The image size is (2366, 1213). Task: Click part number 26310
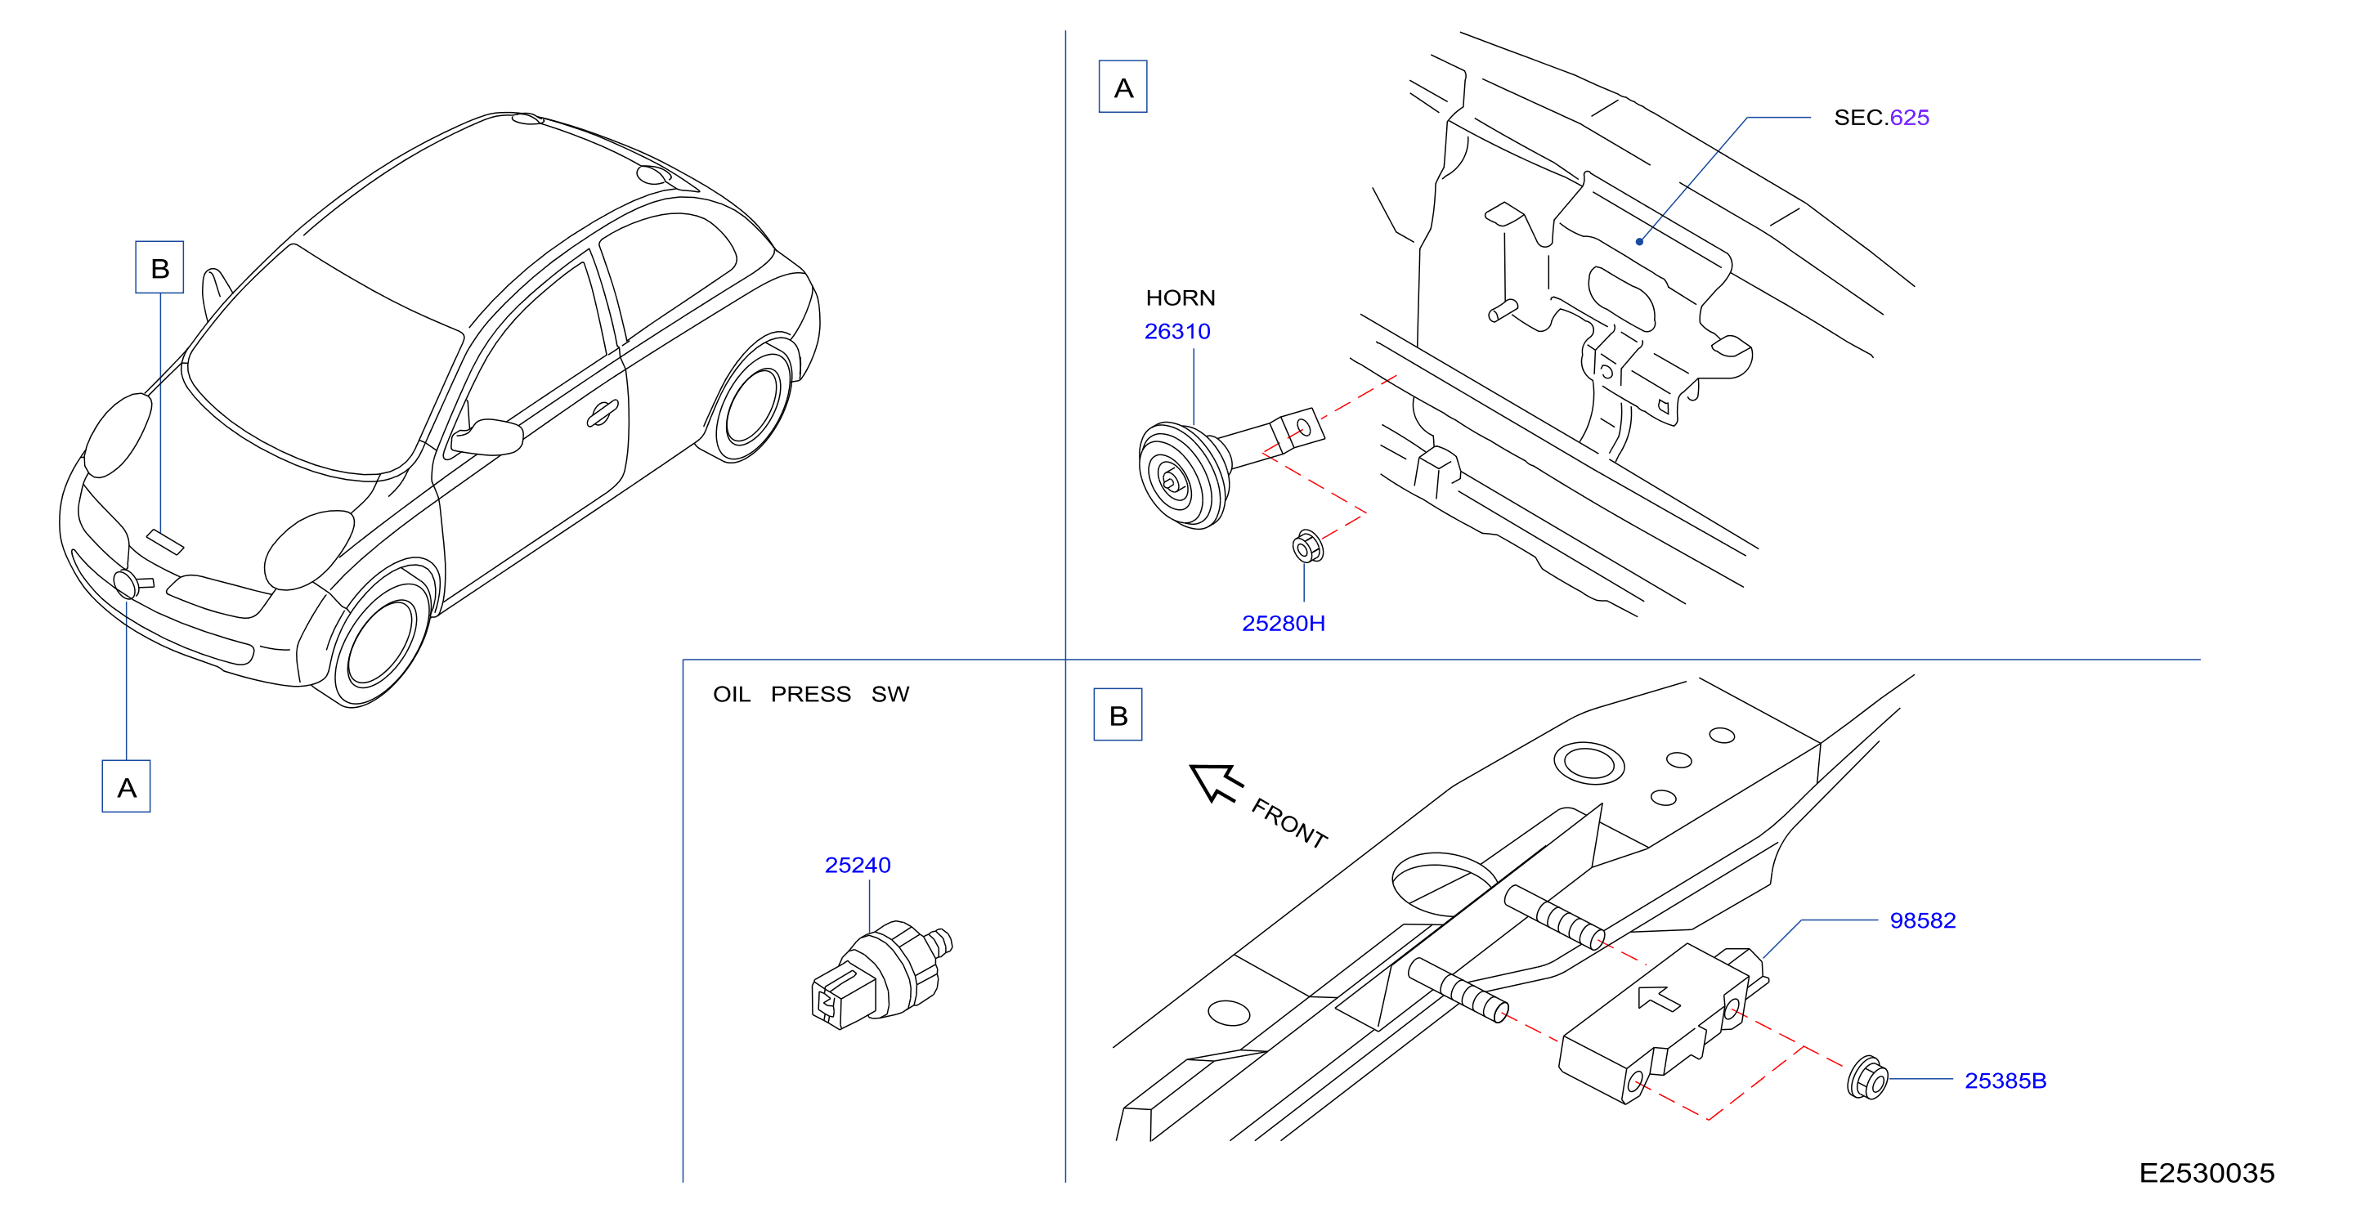coord(1176,332)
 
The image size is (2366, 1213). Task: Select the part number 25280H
coord(1283,624)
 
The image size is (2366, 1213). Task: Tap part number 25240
coord(857,865)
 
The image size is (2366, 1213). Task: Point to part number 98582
coord(1922,920)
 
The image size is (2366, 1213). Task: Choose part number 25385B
coord(2005,1081)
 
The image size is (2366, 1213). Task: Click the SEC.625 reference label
coord(1881,118)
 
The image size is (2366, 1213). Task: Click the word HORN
coord(1181,298)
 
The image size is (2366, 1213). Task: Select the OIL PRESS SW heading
coord(811,694)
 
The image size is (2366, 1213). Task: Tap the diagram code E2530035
coord(2207,1173)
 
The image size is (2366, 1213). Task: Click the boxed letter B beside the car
coord(159,267)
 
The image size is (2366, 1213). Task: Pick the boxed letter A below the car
coord(126,786)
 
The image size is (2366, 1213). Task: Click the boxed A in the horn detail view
coord(1123,87)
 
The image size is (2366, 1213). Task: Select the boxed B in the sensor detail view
coord(1118,714)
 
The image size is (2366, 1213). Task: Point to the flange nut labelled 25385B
coord(1867,1078)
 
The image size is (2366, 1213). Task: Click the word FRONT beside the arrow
coord(1289,823)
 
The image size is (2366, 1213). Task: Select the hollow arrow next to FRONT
coord(1215,782)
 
